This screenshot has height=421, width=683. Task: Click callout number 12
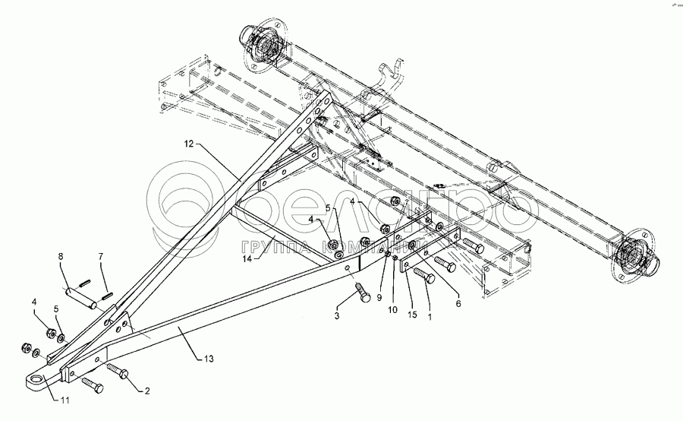[x=189, y=143]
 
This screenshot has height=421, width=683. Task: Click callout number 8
[x=61, y=256]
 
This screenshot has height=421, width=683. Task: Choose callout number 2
[x=147, y=391]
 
